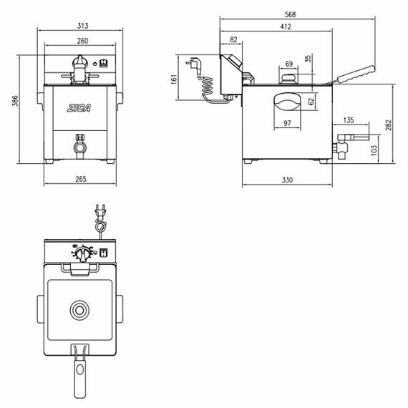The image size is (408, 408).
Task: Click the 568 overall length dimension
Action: point(290,14)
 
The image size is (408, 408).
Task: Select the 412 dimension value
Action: point(286,26)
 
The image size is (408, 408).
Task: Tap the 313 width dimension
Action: point(82,26)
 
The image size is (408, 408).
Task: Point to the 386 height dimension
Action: point(15,101)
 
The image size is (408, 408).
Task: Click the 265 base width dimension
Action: point(81,179)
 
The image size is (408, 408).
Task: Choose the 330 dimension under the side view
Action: point(287,180)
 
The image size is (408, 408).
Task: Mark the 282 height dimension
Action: point(388,125)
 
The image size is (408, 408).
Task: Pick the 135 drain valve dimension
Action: point(349,120)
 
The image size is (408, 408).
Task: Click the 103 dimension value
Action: point(374,150)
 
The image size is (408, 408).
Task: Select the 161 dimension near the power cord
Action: point(174,79)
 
